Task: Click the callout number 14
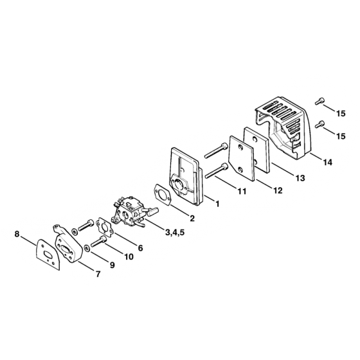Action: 328,162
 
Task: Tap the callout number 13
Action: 300,177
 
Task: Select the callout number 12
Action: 278,190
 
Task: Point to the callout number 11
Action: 242,192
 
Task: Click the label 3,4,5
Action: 175,232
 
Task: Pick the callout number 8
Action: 17,234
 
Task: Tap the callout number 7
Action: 98,274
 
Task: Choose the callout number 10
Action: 129,256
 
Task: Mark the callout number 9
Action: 112,265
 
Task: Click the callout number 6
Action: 140,248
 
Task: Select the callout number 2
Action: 192,218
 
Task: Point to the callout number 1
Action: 217,204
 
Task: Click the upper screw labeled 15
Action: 320,101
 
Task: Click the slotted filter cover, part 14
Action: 283,127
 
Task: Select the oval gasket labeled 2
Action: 162,195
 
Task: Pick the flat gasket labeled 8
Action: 48,255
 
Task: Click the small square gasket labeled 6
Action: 105,228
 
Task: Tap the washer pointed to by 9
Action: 87,248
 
